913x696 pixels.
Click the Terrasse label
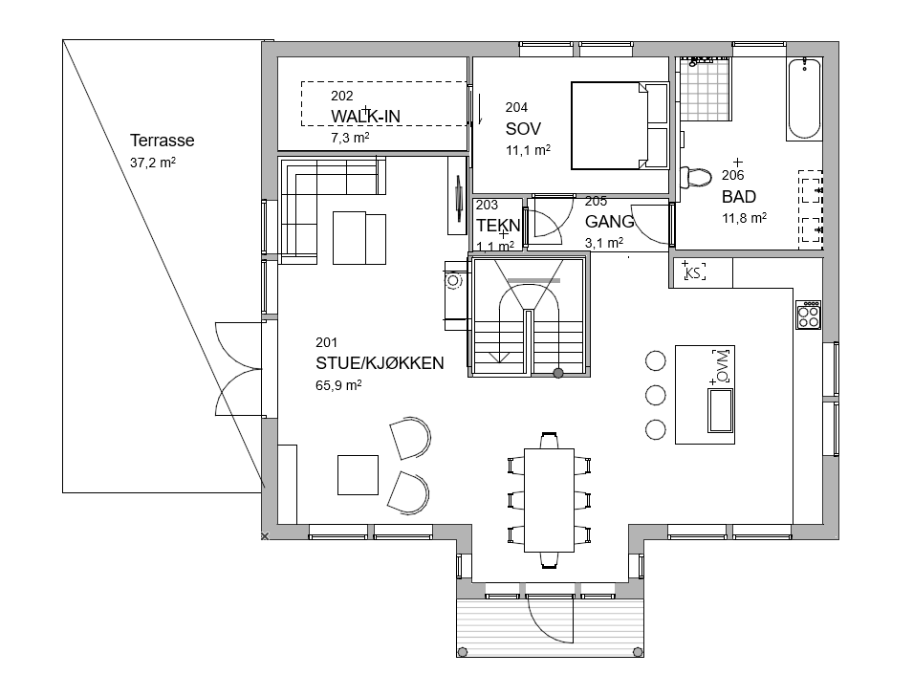pyautogui.click(x=162, y=141)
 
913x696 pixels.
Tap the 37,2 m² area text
pyautogui.click(x=153, y=163)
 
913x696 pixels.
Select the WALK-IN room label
pyautogui.click(x=365, y=117)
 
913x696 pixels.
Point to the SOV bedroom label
pyautogui.click(x=523, y=129)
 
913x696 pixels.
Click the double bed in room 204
pyautogui.click(x=619, y=126)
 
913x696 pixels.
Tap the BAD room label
pyautogui.click(x=739, y=197)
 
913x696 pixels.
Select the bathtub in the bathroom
pyautogui.click(x=804, y=98)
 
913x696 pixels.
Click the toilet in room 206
pyautogui.click(x=695, y=177)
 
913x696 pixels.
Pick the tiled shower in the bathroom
pyautogui.click(x=705, y=89)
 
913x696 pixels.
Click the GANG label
pyautogui.click(x=609, y=221)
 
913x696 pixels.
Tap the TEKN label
pyautogui.click(x=498, y=225)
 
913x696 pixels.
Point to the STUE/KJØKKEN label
pyautogui.click(x=380, y=363)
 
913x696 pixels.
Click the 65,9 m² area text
pyautogui.click(x=338, y=385)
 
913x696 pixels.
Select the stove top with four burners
pyautogui.click(x=809, y=315)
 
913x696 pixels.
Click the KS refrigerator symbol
pyautogui.click(x=693, y=272)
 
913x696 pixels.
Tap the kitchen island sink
pyautogui.click(x=720, y=410)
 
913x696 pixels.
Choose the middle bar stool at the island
pyautogui.click(x=656, y=396)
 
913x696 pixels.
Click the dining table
pyautogui.click(x=549, y=500)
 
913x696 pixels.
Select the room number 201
pyautogui.click(x=326, y=342)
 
